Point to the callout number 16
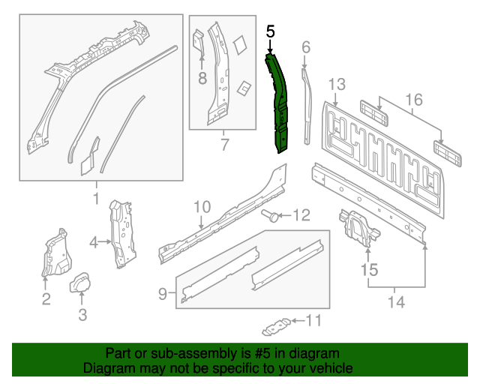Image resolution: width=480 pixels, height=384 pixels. point(413,100)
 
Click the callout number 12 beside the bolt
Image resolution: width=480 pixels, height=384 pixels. point(300,216)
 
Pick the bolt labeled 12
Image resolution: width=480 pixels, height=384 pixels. point(271,217)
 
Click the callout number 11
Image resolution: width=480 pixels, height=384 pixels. point(313,321)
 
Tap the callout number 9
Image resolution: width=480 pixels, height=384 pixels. point(163,295)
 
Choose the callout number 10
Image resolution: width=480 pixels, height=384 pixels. point(202,206)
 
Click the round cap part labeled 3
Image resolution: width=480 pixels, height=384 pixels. point(81,285)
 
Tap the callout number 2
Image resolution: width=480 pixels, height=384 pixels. point(46,300)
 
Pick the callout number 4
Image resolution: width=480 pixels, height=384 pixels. point(94,241)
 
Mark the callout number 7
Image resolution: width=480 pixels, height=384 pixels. point(223,145)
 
